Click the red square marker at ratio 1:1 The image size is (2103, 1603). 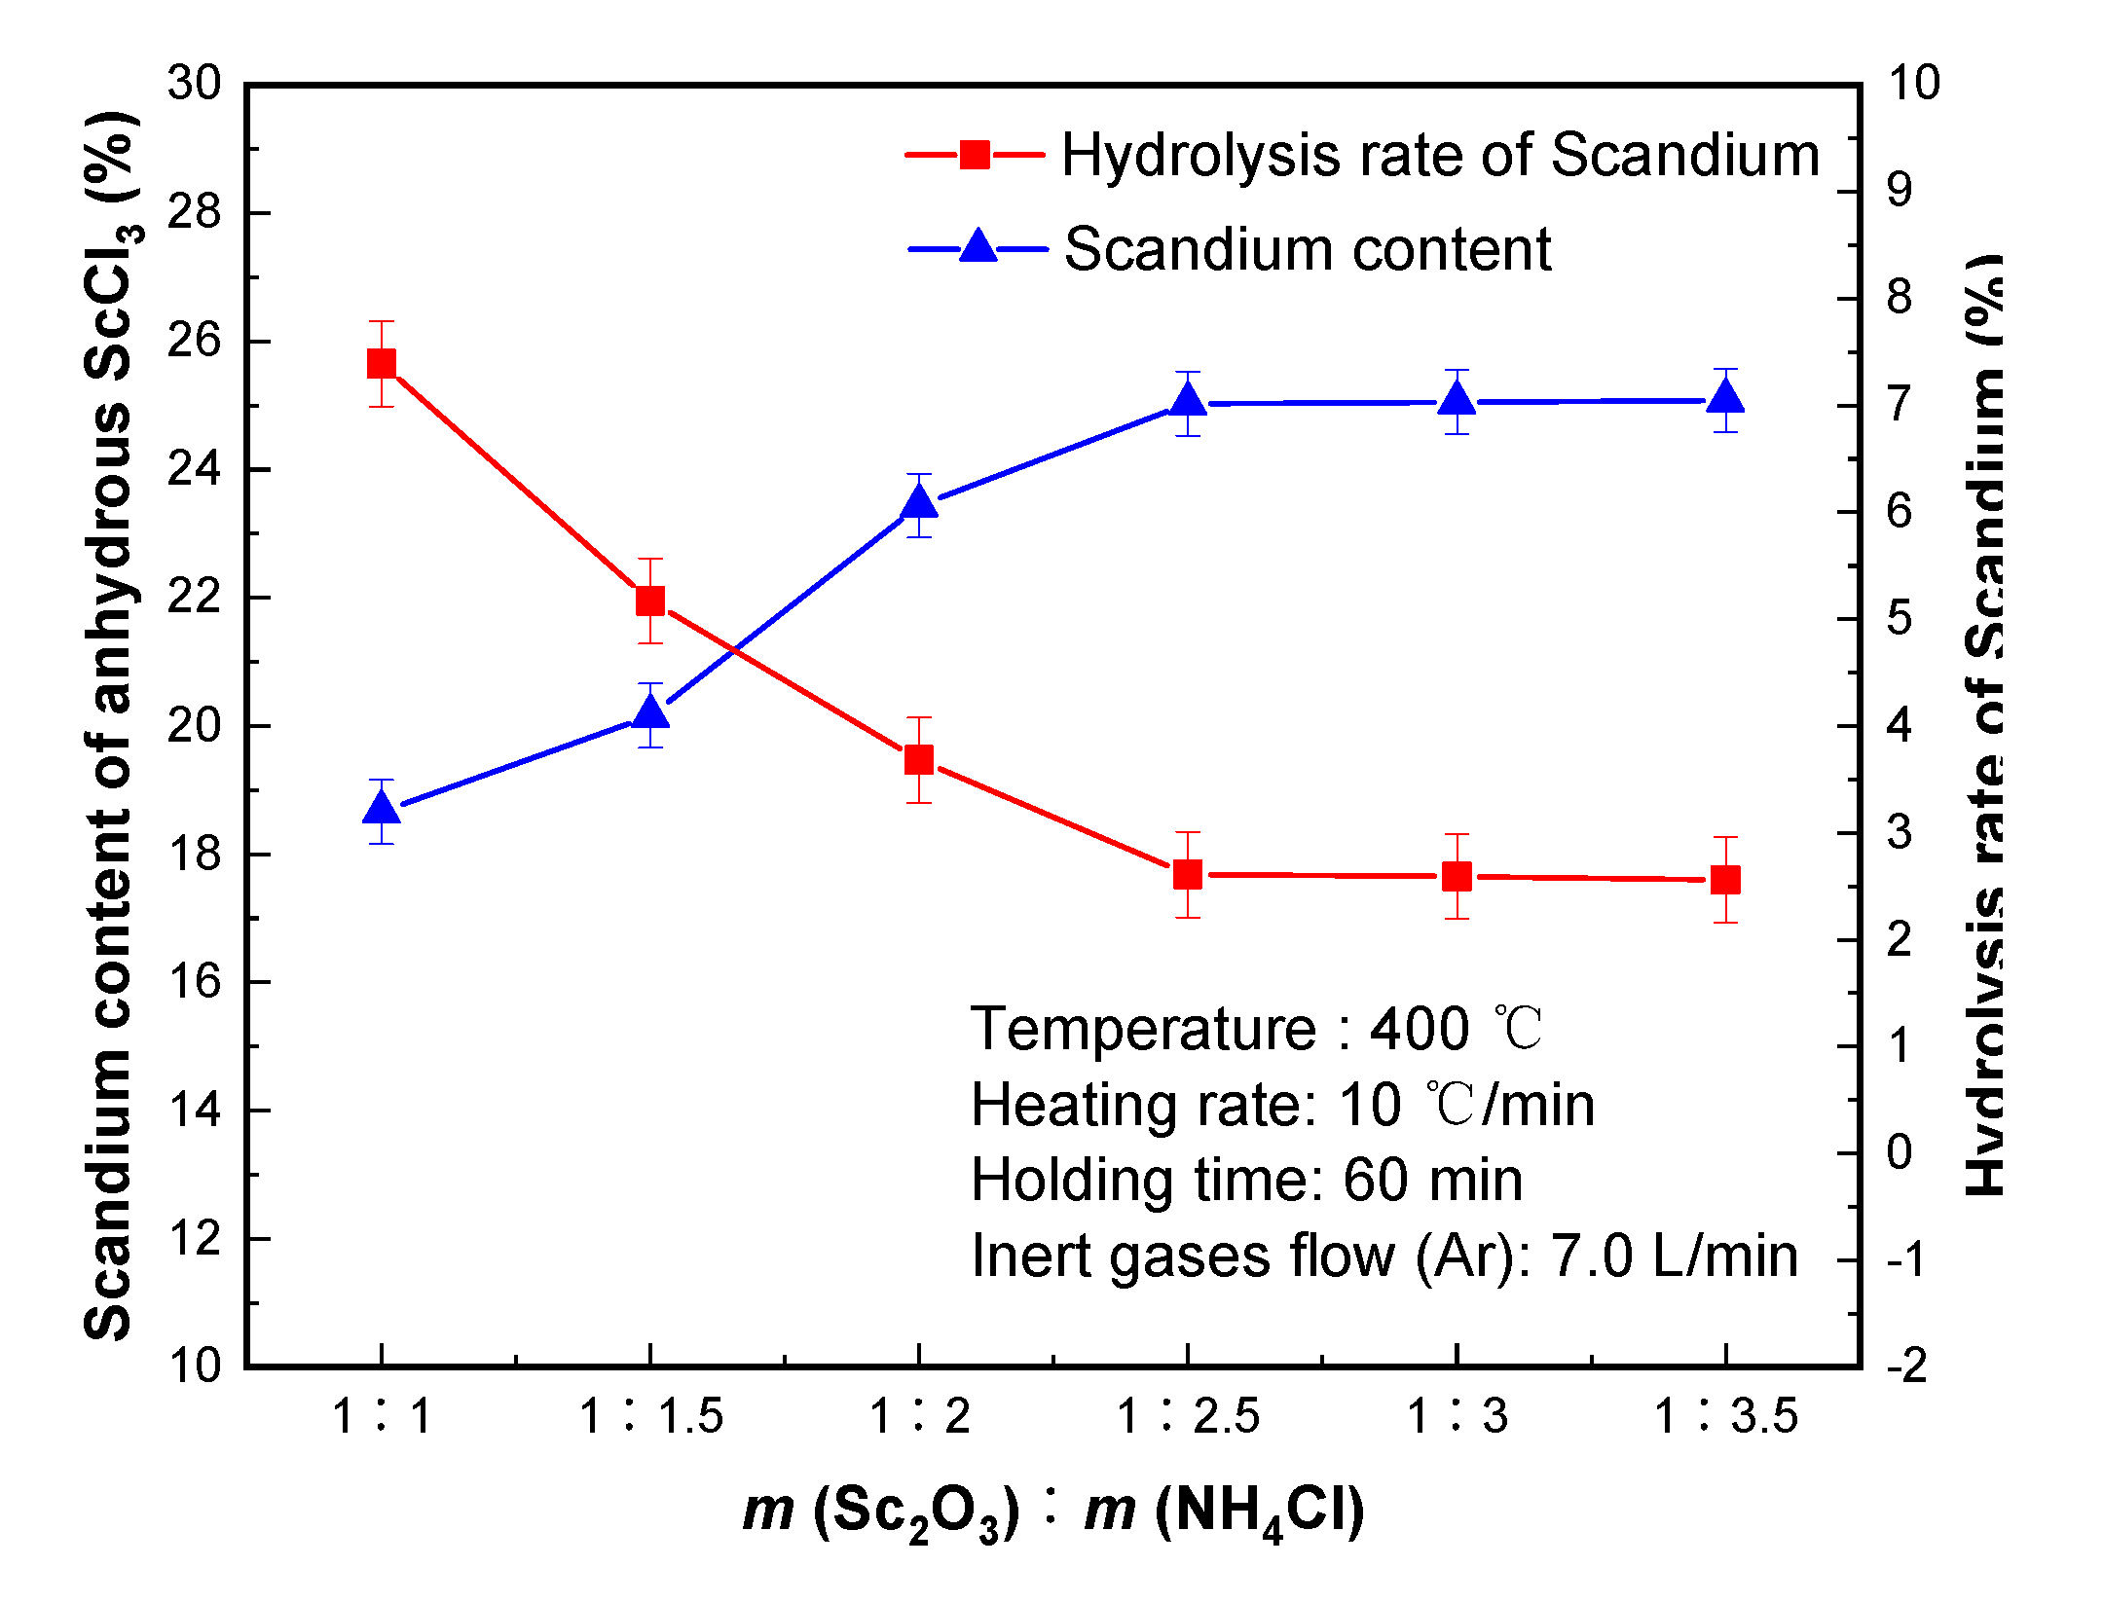tap(382, 364)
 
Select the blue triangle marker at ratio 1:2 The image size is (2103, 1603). tap(919, 503)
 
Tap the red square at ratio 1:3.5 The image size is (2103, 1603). tap(1725, 880)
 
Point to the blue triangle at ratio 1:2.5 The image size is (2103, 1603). tap(1188, 400)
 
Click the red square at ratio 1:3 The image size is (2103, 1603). tap(1457, 877)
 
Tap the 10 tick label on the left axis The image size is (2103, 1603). tap(194, 1366)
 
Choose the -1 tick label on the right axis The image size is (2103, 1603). tap(1906, 1260)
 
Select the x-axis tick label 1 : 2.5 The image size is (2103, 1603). tap(1188, 1416)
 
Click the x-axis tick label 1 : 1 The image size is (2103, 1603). tap(382, 1416)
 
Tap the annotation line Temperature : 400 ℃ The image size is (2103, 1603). tap(1256, 1029)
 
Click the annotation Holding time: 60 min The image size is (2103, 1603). tap(1246, 1181)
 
